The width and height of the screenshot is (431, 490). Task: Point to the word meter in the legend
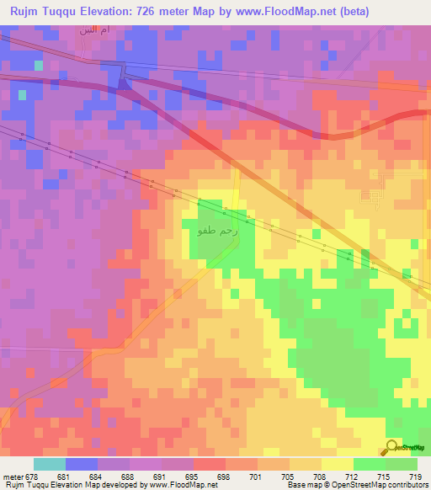pos(12,475)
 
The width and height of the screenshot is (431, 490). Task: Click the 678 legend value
pos(32,475)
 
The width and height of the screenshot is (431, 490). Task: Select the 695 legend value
pos(192,475)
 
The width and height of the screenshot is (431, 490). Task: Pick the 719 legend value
pos(418,475)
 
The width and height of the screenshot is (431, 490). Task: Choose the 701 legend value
pos(257,475)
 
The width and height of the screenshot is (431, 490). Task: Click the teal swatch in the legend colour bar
pos(49,464)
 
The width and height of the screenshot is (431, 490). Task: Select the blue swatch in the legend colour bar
pos(81,464)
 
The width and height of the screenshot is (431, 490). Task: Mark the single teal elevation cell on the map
pos(38,64)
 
